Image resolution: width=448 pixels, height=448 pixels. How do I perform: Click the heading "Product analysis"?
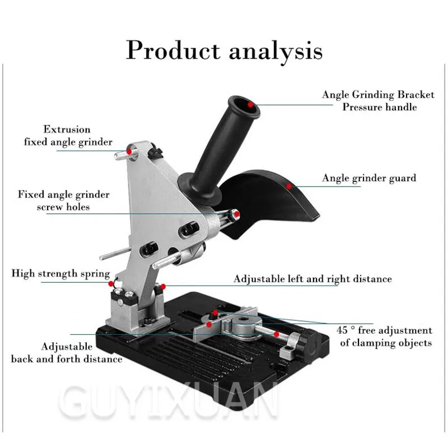(x=224, y=50)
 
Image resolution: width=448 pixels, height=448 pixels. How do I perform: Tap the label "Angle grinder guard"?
(x=369, y=179)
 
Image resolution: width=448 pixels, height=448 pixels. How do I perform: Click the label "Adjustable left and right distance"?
(x=312, y=278)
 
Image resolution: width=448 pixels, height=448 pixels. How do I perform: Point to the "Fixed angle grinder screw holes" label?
(x=63, y=200)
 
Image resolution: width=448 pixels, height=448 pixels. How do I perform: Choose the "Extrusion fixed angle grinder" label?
(x=68, y=136)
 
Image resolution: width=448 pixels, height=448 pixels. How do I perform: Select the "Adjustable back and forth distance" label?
(x=67, y=353)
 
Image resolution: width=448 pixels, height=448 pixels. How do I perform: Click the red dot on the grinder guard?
(x=289, y=185)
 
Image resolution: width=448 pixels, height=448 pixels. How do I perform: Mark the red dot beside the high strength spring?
(x=112, y=284)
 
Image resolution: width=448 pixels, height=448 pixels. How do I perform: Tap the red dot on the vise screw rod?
(x=276, y=334)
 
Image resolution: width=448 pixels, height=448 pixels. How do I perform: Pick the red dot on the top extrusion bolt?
(x=129, y=150)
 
